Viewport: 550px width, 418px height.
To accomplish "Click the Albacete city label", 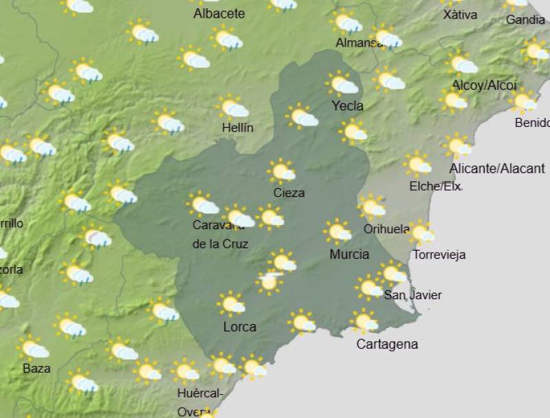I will point(219,14).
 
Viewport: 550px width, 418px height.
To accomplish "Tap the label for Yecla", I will point(347,106).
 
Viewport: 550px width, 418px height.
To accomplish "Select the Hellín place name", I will point(238,128).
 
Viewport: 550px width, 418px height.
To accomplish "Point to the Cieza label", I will point(289,193).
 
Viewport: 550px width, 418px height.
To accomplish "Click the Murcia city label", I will point(349,255).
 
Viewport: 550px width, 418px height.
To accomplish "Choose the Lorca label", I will point(240,327).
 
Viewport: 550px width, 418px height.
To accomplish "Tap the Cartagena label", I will point(387,345).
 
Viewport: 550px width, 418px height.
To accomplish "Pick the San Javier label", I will point(412,295).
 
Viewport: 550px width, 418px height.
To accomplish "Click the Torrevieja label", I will point(438,255).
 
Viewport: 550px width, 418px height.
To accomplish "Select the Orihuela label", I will point(387,229).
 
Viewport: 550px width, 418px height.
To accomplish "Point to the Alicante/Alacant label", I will point(497,168).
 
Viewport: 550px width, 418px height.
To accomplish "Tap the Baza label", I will point(36,369).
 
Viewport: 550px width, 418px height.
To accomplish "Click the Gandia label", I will point(525,20).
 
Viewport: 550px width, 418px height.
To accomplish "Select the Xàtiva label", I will point(460,14).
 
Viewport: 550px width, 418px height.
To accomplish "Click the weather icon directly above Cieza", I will point(282,171).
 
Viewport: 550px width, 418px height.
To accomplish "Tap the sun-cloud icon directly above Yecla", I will point(342,84).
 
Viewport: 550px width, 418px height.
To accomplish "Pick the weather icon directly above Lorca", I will point(232,303).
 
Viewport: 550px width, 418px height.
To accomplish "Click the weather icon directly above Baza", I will point(32,348).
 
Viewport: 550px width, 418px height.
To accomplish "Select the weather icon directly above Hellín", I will point(233,107).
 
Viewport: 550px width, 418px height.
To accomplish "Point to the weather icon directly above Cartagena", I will point(364,321).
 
